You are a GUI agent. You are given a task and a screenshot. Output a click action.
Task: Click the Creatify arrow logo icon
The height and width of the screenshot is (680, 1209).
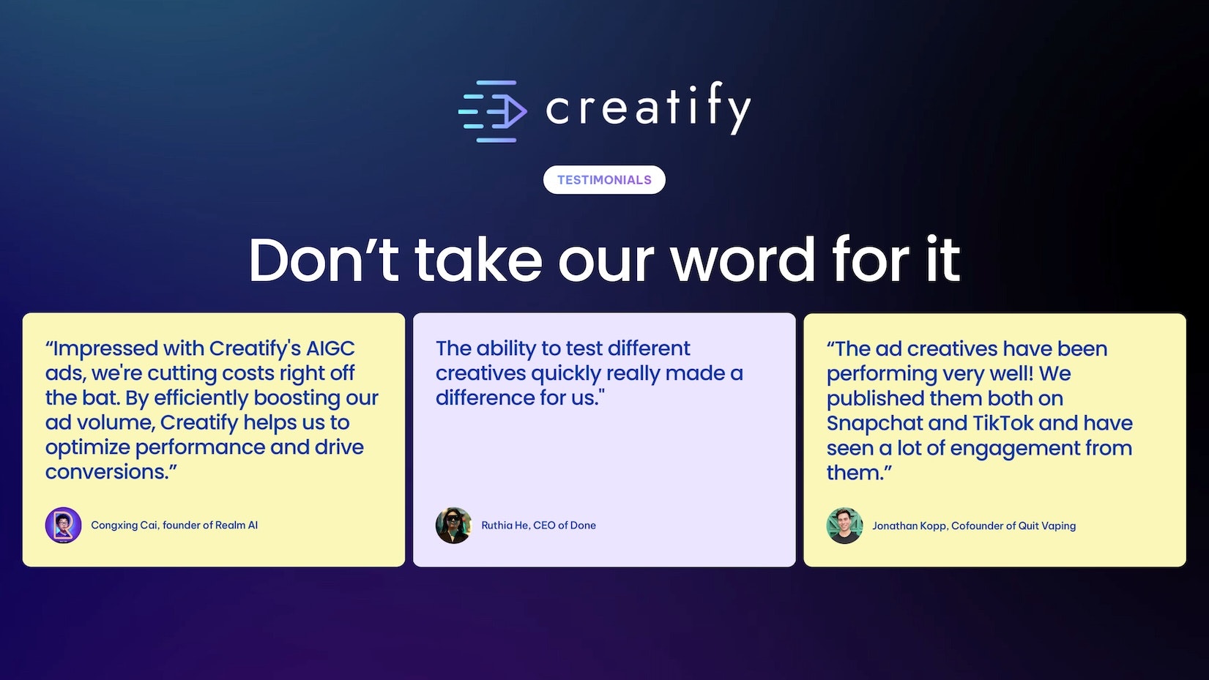tap(493, 111)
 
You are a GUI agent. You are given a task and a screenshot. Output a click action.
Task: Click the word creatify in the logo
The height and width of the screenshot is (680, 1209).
tap(648, 108)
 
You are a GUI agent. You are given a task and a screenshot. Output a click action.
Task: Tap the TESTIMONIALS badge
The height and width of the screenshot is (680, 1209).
tap(605, 180)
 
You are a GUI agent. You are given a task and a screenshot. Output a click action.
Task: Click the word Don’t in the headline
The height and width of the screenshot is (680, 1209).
tap(323, 259)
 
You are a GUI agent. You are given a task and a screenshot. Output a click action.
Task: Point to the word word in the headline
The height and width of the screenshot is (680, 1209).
tap(743, 259)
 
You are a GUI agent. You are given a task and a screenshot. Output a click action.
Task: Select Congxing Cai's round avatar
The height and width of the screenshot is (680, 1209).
tap(63, 525)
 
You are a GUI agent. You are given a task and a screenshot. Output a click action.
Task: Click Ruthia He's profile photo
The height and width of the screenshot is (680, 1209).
tap(453, 525)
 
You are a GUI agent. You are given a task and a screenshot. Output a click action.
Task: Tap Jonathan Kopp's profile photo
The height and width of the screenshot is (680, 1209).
tap(844, 526)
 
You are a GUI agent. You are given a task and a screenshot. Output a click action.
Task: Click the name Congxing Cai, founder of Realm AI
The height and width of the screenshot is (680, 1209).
tap(174, 525)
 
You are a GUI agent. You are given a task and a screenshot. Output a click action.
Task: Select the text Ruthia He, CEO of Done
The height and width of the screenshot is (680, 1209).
tap(539, 525)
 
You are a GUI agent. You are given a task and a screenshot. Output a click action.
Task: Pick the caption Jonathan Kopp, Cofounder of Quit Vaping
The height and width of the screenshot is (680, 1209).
tap(974, 526)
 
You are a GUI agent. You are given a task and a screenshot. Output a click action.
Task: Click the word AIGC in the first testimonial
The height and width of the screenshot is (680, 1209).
tap(330, 348)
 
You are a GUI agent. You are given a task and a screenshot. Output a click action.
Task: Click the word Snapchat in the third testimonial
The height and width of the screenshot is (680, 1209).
tap(874, 424)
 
